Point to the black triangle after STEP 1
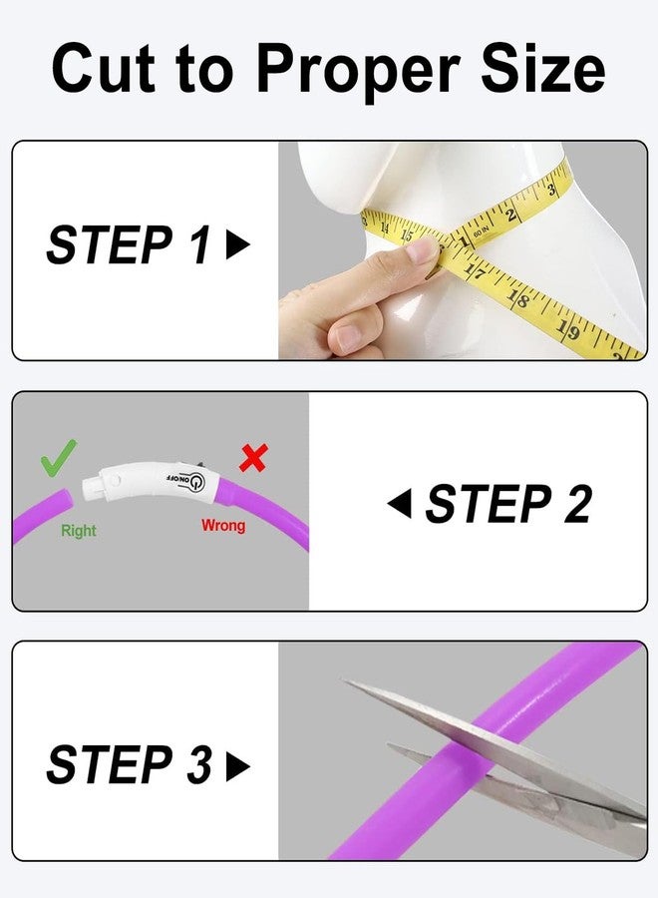237,246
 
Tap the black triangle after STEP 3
237,766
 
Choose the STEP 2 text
507,505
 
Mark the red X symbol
254,458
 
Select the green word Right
79,531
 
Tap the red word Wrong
223,525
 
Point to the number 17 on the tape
476,269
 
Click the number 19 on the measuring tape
566,328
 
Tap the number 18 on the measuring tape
518,298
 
